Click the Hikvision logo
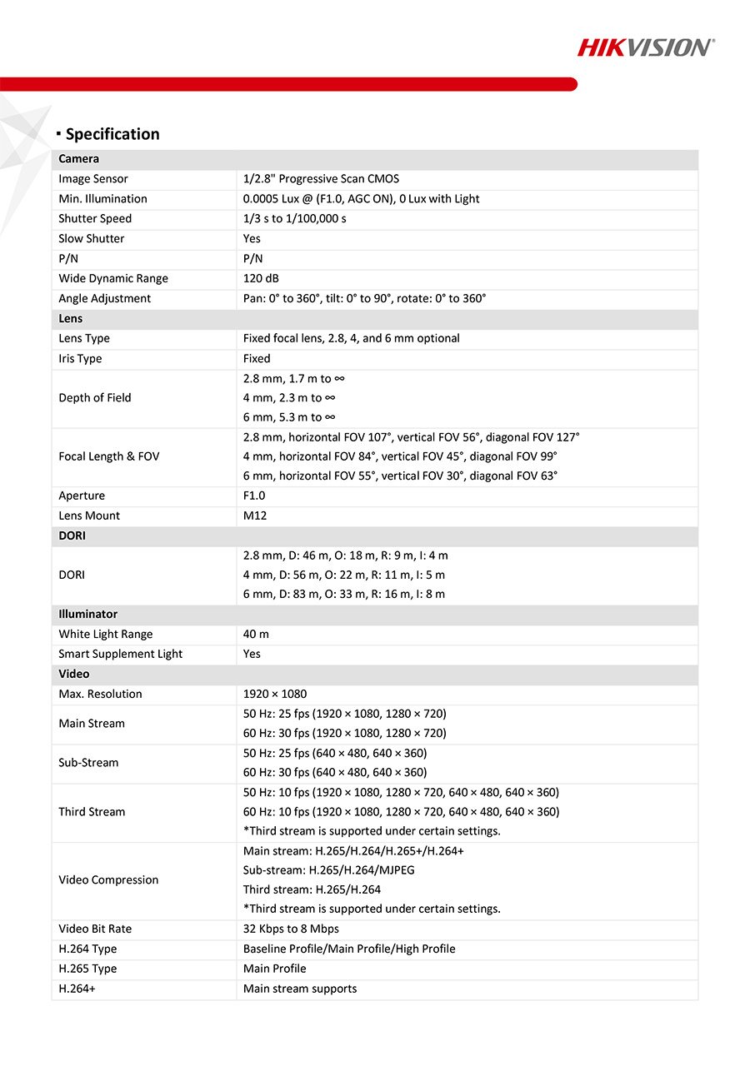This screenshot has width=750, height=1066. [x=646, y=47]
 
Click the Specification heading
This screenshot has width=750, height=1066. [x=112, y=134]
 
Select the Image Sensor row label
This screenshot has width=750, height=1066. [x=93, y=179]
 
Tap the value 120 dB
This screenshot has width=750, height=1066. [x=261, y=279]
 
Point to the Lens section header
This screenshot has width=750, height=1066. [x=71, y=319]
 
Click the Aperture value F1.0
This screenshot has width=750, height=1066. [x=255, y=496]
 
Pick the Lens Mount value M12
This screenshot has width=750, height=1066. [x=255, y=516]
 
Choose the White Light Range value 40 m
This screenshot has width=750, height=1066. [x=256, y=635]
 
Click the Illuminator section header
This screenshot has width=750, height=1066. [x=87, y=615]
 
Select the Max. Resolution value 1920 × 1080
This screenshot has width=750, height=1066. [x=276, y=695]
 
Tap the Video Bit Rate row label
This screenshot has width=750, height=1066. [x=95, y=929]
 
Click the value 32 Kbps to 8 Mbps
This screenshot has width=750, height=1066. [x=291, y=929]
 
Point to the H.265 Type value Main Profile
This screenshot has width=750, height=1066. [x=274, y=969]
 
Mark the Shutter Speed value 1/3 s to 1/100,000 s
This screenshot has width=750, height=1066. [x=294, y=219]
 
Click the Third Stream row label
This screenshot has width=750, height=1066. [x=92, y=812]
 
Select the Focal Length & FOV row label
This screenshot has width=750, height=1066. [x=108, y=456]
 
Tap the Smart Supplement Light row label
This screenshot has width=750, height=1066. [x=120, y=655]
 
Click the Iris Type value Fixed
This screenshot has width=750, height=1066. [x=257, y=359]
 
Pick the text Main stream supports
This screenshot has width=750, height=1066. [x=300, y=989]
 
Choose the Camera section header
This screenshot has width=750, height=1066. [x=79, y=159]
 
